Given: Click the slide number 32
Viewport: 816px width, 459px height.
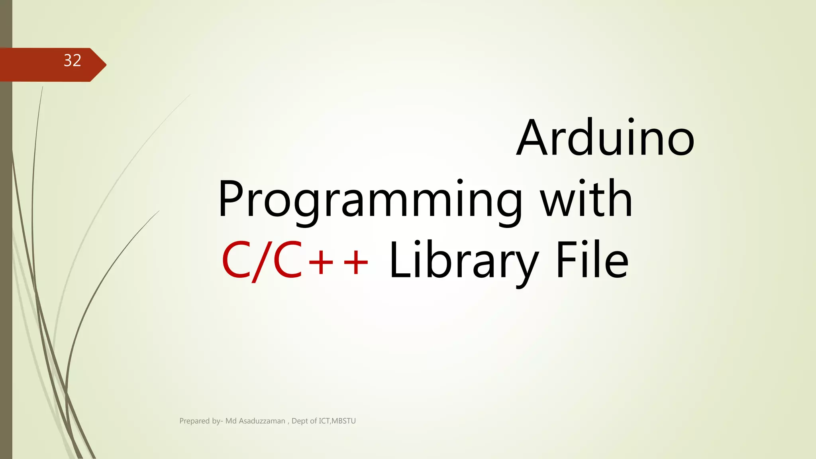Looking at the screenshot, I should pos(73,61).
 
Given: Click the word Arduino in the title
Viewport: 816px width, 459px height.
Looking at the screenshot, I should pos(605,138).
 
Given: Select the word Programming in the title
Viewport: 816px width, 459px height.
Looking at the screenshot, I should pos(370,199).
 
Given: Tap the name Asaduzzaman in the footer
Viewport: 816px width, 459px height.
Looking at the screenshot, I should pos(262,421).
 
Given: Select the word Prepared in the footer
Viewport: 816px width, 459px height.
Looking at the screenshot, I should pos(194,421).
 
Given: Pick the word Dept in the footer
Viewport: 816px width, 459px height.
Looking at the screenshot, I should pos(300,421).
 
